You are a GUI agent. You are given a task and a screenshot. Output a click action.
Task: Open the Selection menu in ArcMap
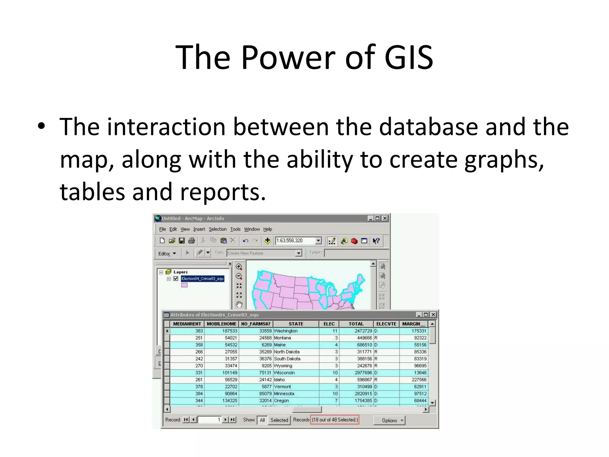coord(217,229)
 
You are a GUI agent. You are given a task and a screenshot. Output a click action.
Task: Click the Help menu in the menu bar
coord(268,229)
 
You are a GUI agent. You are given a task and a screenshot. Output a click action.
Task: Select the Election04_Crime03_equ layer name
coord(203,278)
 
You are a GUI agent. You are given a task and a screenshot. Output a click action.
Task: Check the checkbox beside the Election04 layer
coord(176,278)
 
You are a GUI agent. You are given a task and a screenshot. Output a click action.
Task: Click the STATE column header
coord(296,324)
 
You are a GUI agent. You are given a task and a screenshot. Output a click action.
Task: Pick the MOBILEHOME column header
coord(222,324)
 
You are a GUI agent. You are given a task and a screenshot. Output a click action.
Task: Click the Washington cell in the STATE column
coord(285,331)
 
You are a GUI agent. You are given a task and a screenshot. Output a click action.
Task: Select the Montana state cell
coord(282,338)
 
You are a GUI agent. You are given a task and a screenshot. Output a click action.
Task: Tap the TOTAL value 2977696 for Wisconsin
coord(363,373)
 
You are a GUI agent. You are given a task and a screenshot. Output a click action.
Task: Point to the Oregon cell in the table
coord(281,401)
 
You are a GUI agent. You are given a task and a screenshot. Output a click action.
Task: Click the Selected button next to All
coord(279,420)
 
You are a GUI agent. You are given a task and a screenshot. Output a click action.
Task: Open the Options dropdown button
coord(390,420)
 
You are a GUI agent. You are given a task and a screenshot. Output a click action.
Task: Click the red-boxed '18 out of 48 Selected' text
coord(335,420)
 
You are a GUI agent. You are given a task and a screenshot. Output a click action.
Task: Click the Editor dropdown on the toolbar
coord(167,253)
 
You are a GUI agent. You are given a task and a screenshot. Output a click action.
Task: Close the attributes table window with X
coord(434,315)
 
